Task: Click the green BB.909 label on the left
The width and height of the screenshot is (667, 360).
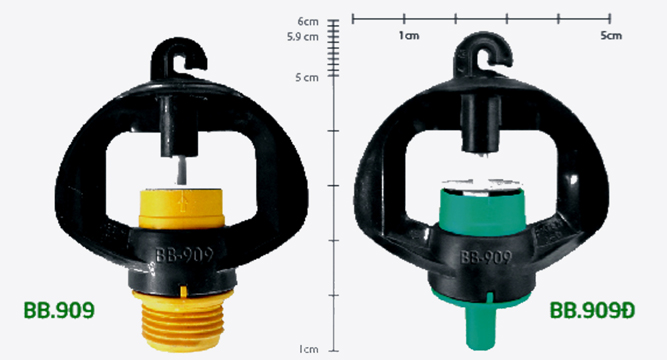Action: coord(59,310)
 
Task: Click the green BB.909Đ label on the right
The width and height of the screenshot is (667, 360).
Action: coord(592,310)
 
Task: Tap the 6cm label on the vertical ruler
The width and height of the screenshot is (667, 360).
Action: coord(308,21)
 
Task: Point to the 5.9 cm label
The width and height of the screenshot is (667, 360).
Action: coord(302,37)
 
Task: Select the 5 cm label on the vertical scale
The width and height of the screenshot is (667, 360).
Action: coord(307,77)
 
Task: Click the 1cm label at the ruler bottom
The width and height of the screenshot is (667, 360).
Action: coord(308,349)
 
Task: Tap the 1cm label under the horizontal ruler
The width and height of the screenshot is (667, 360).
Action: coord(409,36)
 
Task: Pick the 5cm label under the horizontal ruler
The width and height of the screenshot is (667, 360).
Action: coord(611,36)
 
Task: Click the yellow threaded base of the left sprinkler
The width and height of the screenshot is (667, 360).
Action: coord(183,319)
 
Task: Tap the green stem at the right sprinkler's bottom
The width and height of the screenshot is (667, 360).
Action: coord(482,326)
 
